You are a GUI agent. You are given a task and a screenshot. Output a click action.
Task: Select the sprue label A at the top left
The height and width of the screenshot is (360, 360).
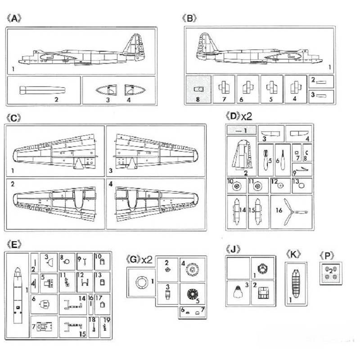click(x=14, y=18)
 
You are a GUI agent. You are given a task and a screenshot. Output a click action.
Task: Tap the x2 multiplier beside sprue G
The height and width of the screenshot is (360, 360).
click(x=147, y=260)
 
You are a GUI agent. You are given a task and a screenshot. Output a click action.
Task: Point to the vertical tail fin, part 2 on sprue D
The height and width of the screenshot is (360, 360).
click(x=242, y=154)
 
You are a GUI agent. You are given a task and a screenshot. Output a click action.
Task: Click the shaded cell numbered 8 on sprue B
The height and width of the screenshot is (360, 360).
click(x=198, y=90)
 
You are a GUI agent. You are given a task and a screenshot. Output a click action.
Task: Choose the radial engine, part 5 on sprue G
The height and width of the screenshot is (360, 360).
click(x=193, y=294)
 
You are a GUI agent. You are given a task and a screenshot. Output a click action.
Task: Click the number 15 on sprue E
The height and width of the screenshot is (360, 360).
click(x=83, y=334)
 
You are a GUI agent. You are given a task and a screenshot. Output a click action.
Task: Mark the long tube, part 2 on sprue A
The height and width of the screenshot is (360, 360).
click(x=42, y=90)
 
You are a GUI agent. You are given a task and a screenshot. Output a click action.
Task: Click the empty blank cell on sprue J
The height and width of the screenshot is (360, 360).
click(x=238, y=268)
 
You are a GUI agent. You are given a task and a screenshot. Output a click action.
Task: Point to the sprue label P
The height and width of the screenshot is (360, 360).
click(x=327, y=256)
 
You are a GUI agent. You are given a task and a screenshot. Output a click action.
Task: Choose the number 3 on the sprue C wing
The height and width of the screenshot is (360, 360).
click(x=111, y=171)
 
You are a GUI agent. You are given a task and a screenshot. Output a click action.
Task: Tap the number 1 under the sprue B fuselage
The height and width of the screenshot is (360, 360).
click(x=330, y=67)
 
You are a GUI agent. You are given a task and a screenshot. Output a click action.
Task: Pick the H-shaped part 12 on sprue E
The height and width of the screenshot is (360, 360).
click(x=85, y=282)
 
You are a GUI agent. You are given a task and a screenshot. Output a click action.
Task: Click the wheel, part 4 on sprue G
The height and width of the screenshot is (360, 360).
click(x=193, y=270)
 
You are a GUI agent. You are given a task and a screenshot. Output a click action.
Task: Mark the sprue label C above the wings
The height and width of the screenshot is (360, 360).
click(x=14, y=118)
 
